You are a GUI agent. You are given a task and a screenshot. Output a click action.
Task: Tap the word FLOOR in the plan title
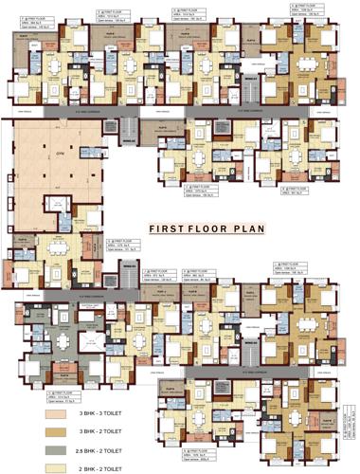pos(207,228)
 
